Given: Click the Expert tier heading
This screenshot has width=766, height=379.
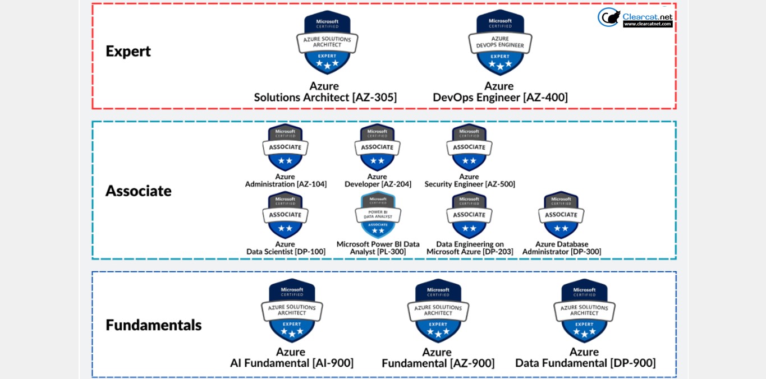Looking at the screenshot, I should (x=128, y=51).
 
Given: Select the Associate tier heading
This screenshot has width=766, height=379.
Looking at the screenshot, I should (x=138, y=191).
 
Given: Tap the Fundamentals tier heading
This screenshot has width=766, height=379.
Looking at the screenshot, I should (x=153, y=325).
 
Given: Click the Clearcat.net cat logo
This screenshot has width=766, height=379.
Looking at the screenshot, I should (x=609, y=17).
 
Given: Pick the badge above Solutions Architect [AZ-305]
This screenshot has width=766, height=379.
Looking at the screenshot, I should (x=327, y=43).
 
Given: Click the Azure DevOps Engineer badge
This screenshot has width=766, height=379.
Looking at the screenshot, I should (x=500, y=43).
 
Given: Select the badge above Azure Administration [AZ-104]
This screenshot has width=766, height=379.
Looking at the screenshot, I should (x=285, y=147).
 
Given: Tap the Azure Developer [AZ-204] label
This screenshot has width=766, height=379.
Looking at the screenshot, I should (x=378, y=180).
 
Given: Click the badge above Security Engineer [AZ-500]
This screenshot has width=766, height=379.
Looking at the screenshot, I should (x=469, y=147).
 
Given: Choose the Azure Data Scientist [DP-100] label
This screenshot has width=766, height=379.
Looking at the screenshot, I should (x=286, y=248).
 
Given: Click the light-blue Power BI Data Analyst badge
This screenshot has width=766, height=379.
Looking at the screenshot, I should (x=378, y=215).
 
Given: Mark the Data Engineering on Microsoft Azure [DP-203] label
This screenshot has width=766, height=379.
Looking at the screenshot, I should (x=470, y=248).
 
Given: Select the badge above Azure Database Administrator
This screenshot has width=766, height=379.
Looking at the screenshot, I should (x=561, y=215).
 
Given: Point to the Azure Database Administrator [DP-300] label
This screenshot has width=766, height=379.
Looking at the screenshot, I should (x=561, y=248).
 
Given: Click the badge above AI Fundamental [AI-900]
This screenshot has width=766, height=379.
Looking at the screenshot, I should (x=292, y=311).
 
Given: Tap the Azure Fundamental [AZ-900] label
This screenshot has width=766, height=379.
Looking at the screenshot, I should (x=438, y=358).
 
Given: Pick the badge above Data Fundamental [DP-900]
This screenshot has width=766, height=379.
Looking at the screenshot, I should (x=584, y=311).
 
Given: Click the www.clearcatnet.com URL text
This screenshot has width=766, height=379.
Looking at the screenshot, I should (x=648, y=24).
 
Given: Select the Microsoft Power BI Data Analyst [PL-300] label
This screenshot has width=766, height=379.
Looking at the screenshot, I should (x=378, y=248).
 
